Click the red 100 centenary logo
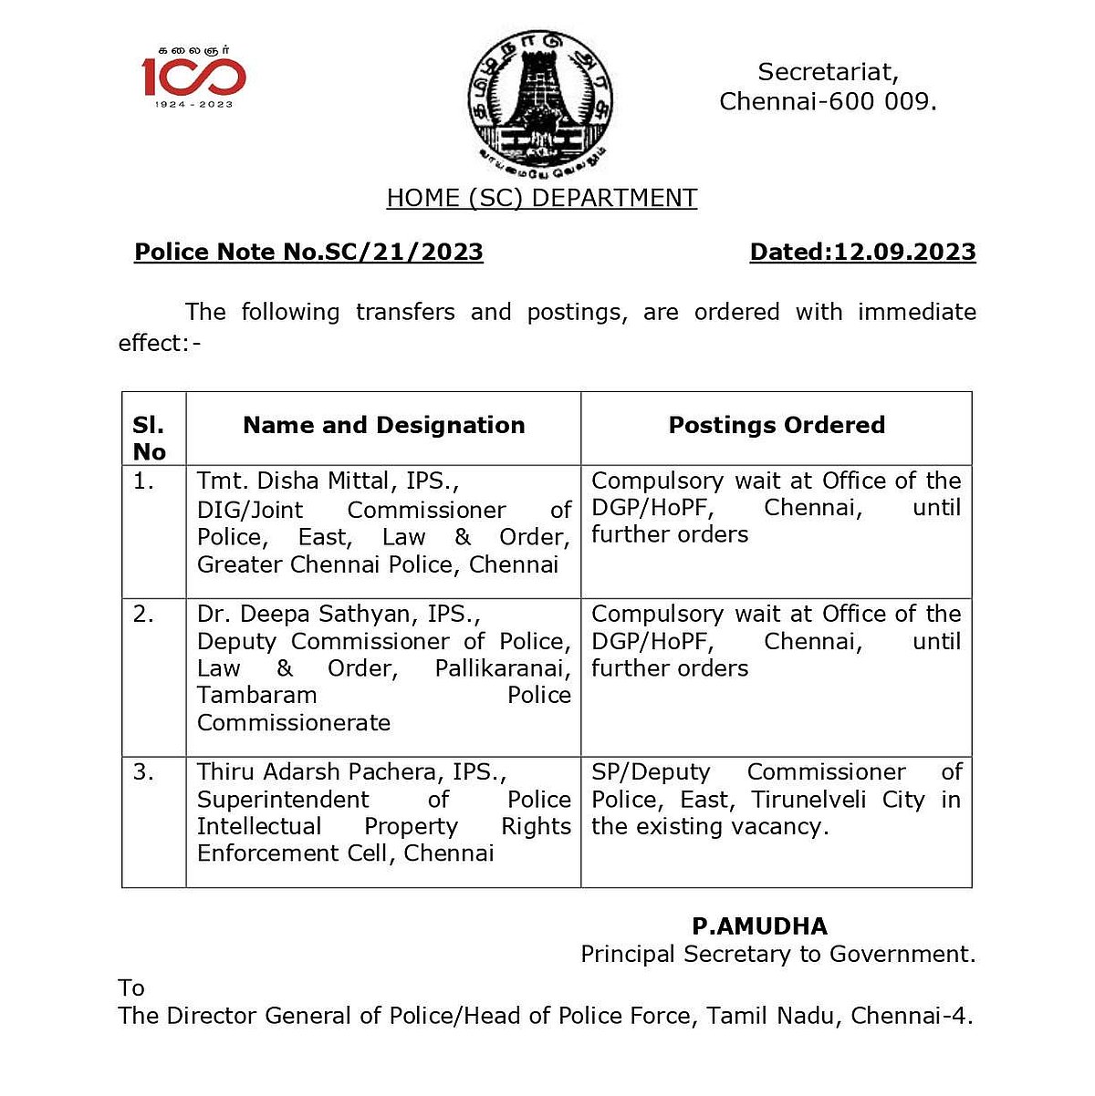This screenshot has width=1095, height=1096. (193, 77)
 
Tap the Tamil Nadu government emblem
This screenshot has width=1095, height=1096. (539, 100)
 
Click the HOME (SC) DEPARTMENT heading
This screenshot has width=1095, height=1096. (542, 198)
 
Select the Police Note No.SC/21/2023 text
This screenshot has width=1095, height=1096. (308, 252)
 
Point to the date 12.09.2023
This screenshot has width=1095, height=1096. (904, 252)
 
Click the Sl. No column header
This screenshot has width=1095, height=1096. (150, 438)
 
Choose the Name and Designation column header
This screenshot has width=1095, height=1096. (384, 425)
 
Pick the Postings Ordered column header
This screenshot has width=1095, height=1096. (777, 425)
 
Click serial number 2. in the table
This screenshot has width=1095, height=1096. (143, 614)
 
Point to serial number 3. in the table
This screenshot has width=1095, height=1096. (143, 772)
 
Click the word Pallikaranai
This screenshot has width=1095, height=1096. (503, 668)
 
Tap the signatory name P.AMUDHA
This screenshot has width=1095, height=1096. (759, 926)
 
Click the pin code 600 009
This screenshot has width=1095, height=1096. (894, 101)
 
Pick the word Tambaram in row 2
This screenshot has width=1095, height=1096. (257, 695)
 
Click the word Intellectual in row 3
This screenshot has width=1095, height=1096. (259, 826)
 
